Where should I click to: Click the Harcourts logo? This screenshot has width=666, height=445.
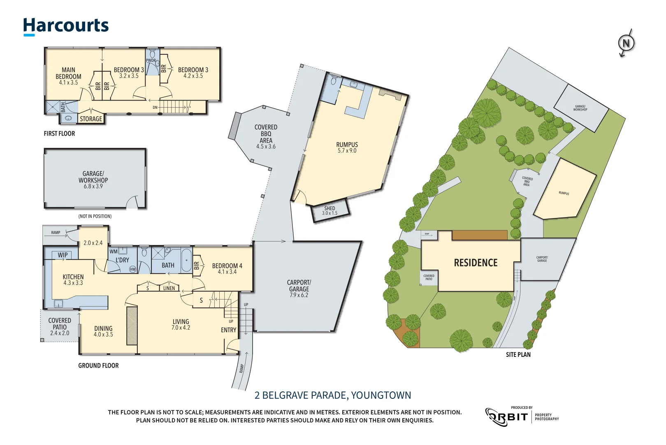[x=66, y=26]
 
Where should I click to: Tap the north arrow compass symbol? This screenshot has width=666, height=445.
[x=626, y=43]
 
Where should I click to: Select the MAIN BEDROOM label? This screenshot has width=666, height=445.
[x=68, y=76]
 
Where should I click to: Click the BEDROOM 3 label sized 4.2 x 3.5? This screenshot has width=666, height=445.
[x=193, y=73]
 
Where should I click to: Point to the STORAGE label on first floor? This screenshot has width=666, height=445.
[x=91, y=119]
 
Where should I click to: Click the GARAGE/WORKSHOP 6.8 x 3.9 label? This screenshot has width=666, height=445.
[x=93, y=180]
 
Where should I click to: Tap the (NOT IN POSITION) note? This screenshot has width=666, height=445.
[x=95, y=216]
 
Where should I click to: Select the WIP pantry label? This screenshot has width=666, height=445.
[x=63, y=255]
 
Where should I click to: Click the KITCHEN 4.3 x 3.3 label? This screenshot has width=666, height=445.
[x=73, y=279]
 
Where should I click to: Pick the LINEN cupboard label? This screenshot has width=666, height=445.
[x=169, y=288]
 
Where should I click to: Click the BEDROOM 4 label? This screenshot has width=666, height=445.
[x=227, y=268]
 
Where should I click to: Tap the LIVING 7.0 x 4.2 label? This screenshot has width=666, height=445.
[x=181, y=324]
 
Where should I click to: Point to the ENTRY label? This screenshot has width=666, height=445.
[x=228, y=330]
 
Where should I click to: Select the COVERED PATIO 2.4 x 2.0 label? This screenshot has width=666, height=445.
[x=60, y=326]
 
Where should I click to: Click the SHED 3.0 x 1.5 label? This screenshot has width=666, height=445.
[x=330, y=211]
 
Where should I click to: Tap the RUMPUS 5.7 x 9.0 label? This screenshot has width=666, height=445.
[x=347, y=147]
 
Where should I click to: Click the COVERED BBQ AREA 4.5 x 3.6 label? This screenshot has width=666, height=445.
[x=266, y=136]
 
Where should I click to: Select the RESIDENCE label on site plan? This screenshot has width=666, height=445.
[x=476, y=263]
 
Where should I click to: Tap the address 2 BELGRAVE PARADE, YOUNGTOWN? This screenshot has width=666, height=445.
[x=332, y=395]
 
